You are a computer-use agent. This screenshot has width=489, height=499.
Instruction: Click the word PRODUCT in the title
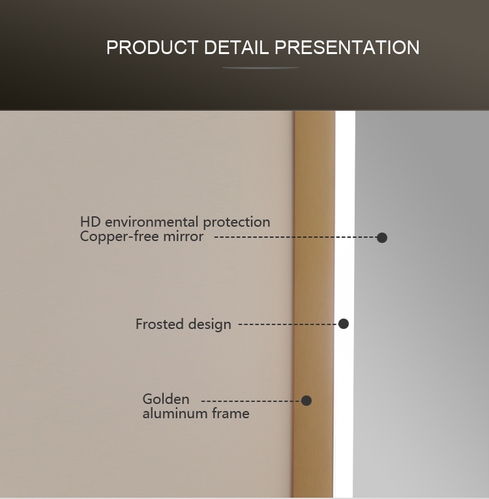(153, 48)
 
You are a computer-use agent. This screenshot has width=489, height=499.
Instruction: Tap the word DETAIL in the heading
(236, 48)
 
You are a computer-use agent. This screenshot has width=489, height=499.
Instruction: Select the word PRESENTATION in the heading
(347, 48)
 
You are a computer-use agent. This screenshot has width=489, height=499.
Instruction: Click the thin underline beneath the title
(260, 68)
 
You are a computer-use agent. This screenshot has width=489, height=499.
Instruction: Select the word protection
(237, 222)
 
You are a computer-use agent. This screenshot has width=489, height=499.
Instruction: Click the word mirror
(183, 236)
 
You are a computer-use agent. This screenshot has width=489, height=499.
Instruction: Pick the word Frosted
(160, 324)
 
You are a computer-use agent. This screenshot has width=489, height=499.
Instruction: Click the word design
(209, 324)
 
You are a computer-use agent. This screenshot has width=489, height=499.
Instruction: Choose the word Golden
(166, 399)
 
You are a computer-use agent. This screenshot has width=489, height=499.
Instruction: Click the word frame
(231, 414)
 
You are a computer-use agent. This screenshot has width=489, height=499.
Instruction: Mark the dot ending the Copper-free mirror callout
(381, 237)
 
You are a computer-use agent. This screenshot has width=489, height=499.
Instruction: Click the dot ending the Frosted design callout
(343, 324)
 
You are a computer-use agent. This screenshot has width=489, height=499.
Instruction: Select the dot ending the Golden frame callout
(306, 401)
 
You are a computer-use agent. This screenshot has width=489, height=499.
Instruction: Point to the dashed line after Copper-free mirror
(295, 237)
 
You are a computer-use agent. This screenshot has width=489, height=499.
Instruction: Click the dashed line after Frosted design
(288, 324)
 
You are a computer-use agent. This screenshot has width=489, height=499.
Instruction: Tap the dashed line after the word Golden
(251, 401)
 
